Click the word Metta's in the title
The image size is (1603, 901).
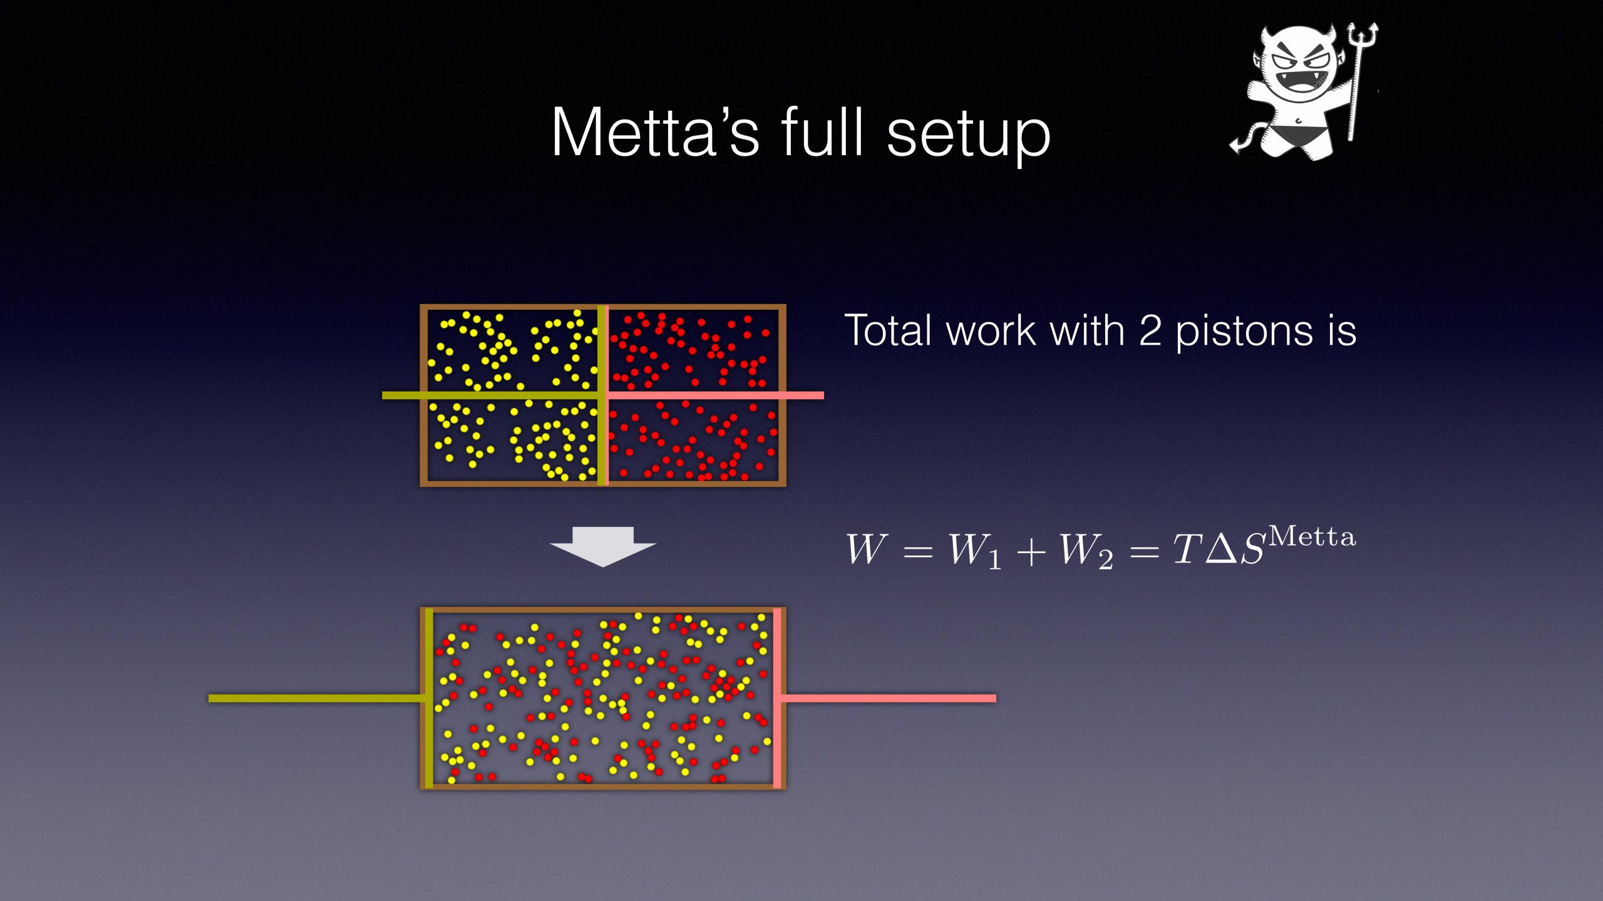pos(655,133)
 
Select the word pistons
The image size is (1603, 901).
pos(1243,332)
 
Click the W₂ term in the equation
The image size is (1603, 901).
pos(1085,551)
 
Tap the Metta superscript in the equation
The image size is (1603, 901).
pos(1312,536)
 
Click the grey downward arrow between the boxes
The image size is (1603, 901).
pos(603,546)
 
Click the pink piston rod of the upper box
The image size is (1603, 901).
pos(716,395)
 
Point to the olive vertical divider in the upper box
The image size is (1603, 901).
pos(602,395)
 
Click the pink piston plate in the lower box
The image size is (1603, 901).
pos(777,698)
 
